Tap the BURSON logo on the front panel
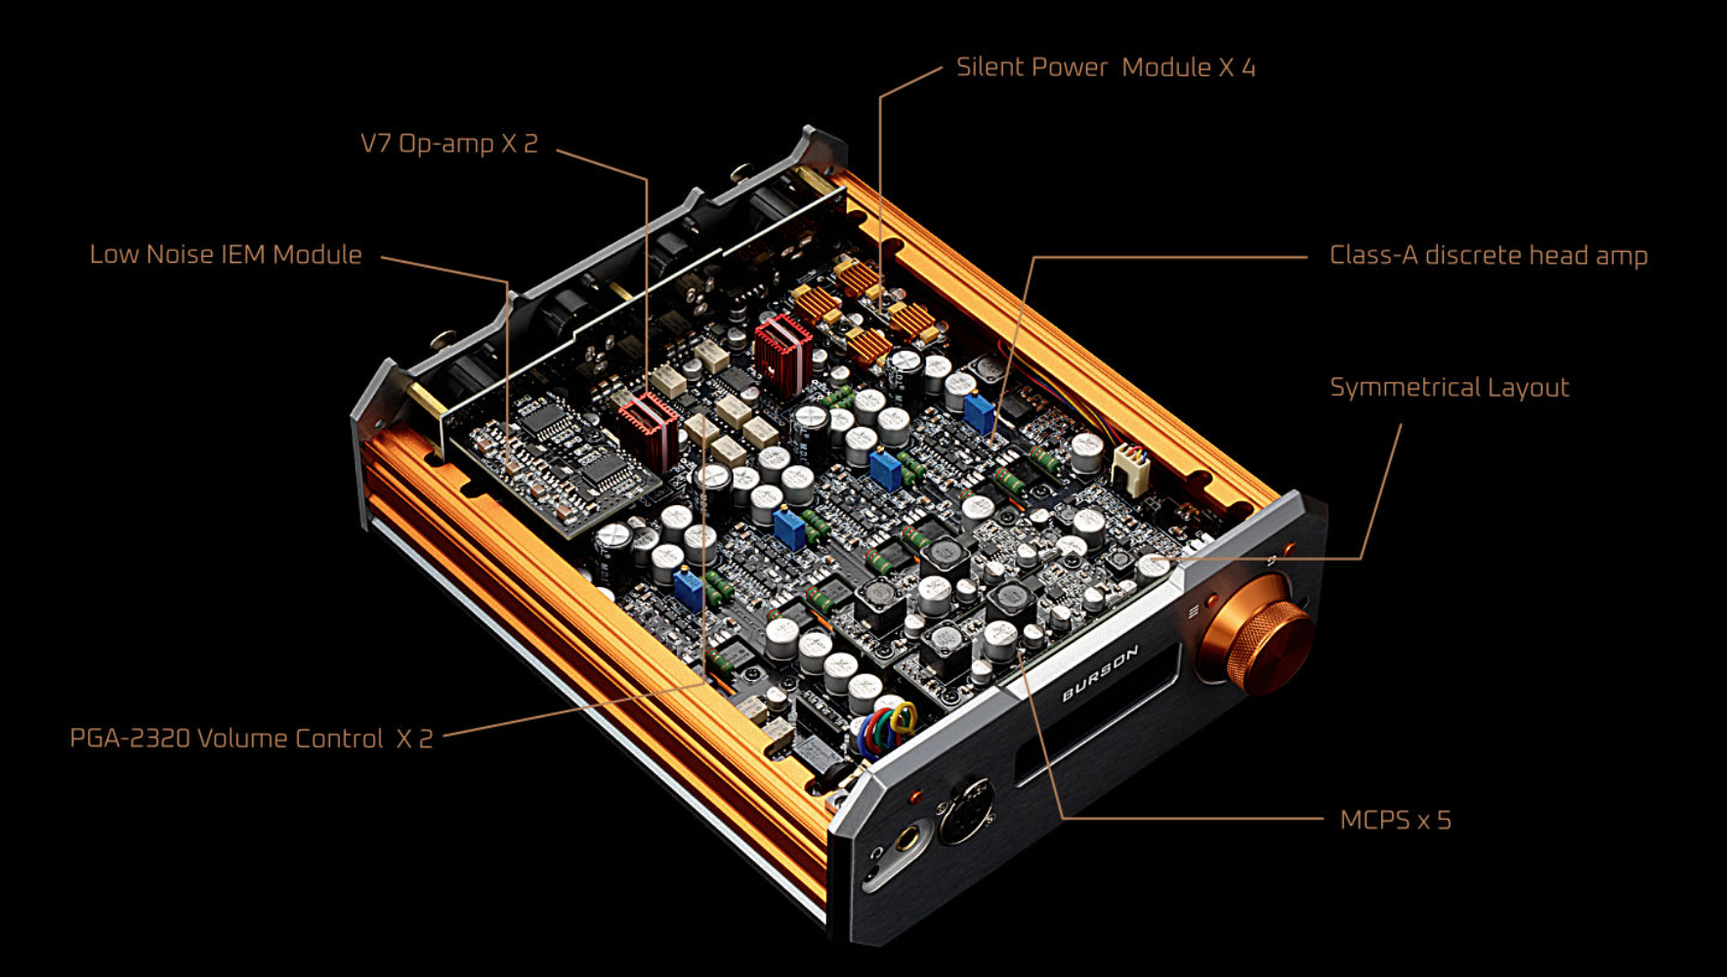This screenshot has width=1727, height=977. coord(1100,672)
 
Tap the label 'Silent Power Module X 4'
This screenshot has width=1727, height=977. coord(1106,67)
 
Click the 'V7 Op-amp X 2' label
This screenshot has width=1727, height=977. coord(449,144)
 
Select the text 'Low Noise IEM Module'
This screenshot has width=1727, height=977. coord(226,254)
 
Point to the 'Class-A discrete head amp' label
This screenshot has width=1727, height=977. coord(1489,255)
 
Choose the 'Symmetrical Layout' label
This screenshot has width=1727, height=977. coord(1450,388)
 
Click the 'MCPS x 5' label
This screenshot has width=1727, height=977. coord(1396,820)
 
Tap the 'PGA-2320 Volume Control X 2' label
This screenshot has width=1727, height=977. coord(251,738)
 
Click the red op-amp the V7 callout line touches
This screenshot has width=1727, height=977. coord(648,427)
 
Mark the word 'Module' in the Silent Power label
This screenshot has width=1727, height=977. coord(1166,67)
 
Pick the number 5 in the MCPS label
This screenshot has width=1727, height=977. coord(1445,820)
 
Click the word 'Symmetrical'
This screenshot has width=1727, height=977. coord(1404,388)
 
